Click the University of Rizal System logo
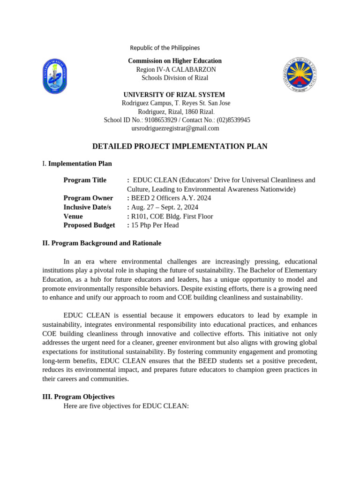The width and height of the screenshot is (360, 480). click(55, 76)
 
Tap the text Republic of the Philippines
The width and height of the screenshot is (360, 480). click(165, 48)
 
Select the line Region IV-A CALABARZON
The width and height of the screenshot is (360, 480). click(176, 69)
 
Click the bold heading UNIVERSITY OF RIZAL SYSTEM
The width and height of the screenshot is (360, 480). click(174, 95)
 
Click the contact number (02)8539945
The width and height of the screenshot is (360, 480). click(233, 120)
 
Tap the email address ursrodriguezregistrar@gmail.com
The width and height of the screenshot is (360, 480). click(175, 128)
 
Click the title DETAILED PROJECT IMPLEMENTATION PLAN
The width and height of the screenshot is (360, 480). click(180, 147)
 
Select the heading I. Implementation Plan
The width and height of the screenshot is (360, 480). click(77, 164)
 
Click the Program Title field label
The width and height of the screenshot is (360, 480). click(85, 180)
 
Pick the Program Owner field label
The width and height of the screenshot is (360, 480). click(88, 198)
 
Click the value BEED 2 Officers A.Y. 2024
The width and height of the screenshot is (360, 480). click(171, 198)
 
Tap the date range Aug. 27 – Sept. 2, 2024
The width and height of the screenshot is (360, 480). click(165, 207)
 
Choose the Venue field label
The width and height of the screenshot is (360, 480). click(73, 216)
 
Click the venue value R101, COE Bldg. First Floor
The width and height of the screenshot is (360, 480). click(172, 216)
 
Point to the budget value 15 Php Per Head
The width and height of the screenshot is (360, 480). click(155, 225)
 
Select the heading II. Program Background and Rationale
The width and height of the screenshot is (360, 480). click(102, 243)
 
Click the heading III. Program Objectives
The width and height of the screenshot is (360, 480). click(78, 397)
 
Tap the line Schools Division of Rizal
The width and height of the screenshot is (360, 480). click(175, 78)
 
